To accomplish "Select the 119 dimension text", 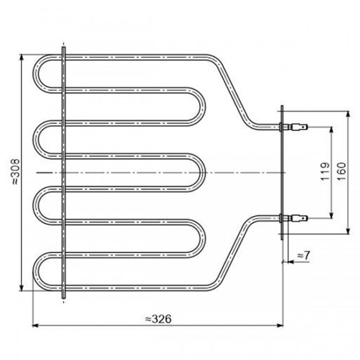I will point(325,172).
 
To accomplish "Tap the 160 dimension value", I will point(341,172).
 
